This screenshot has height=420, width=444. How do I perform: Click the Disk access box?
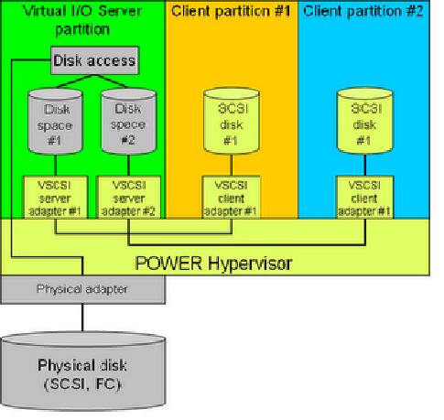(94, 61)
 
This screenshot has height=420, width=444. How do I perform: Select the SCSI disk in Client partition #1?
(230, 124)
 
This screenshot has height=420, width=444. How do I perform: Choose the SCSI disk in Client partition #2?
(364, 124)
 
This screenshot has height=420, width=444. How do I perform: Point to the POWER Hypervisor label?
(213, 264)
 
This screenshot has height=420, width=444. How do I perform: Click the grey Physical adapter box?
(83, 289)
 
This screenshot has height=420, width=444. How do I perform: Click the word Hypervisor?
(248, 264)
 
